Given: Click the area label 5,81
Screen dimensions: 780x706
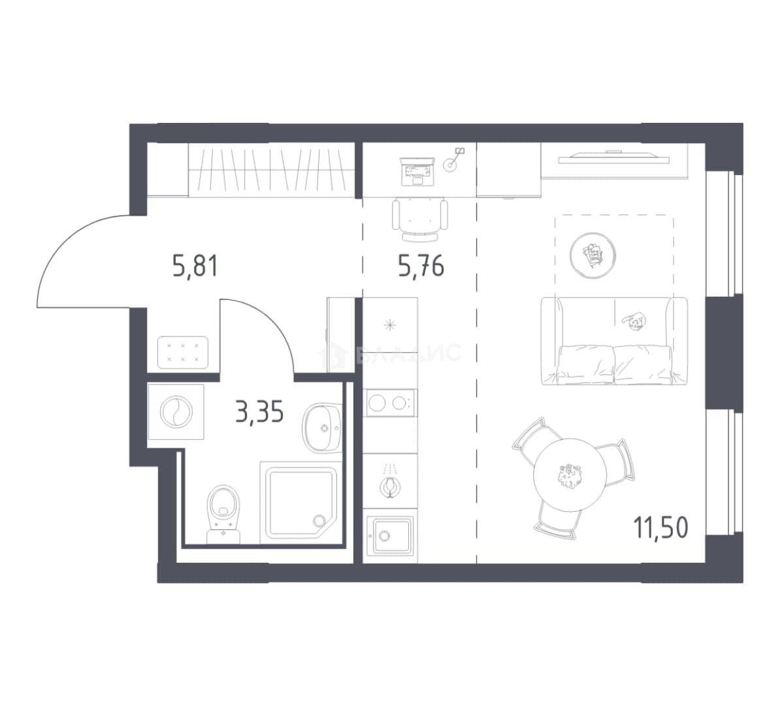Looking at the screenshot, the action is coord(195,265).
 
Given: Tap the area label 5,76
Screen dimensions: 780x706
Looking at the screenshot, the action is coord(421,265).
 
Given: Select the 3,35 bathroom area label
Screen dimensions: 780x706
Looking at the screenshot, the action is coord(259,412).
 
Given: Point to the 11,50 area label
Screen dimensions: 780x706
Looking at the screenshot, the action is coord(660,528).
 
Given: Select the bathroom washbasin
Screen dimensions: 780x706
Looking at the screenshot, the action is coord(322,428).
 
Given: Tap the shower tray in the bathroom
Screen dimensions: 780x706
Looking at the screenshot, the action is coord(301,502).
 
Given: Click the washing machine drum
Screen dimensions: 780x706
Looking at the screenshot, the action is coord(176,412).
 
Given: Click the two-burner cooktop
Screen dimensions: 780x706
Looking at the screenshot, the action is coord(390,403).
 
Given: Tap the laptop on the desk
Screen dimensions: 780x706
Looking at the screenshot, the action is coord(417,171).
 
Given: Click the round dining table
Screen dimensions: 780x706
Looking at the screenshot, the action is coord(570,475).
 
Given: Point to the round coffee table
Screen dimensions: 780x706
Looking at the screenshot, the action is coord(593,256).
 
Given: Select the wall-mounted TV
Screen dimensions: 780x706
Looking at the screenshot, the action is coord(614,158).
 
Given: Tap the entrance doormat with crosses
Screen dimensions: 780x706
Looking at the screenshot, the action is coord(182,352).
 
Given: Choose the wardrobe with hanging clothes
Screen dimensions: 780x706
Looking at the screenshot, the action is coord(271,170).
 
